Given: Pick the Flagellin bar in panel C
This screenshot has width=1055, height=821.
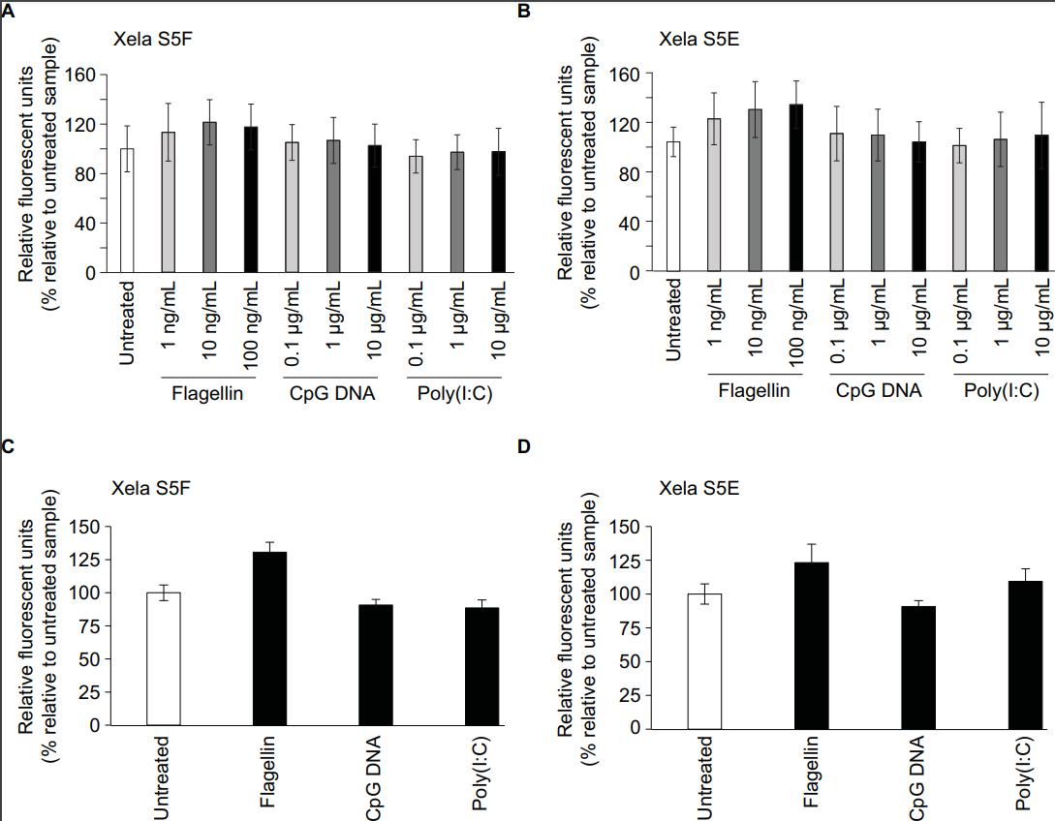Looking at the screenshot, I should [269, 638].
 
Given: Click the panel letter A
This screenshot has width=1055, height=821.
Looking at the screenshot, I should [8, 11].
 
